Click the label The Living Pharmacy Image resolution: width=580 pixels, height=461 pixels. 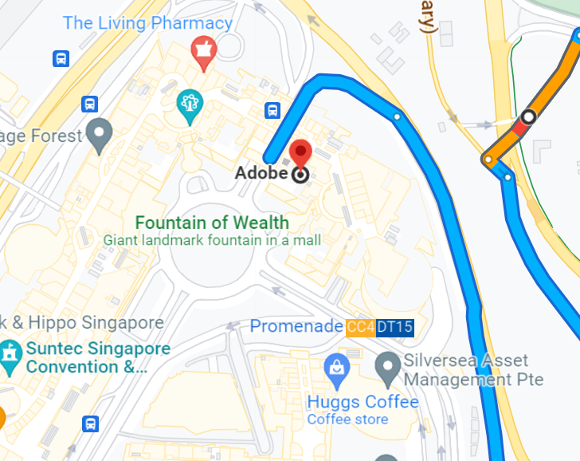coord(147,22)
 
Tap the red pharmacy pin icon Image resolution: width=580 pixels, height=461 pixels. coord(203,52)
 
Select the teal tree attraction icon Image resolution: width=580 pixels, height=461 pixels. coord(190,104)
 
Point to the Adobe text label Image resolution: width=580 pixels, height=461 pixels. coord(262,173)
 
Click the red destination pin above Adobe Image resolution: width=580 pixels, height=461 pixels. coord(300,153)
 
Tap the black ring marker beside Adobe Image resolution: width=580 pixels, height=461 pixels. coord(300,175)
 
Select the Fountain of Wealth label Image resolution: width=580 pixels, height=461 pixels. coord(212,223)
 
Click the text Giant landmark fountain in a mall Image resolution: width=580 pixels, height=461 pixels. coord(212,239)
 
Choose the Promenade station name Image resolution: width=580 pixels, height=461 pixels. coord(297,326)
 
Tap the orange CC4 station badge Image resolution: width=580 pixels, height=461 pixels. coord(360,327)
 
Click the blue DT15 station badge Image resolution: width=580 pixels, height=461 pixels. coord(394,327)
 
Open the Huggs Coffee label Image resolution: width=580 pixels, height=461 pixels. coord(362,401)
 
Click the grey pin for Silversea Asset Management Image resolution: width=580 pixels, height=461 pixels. coord(388,368)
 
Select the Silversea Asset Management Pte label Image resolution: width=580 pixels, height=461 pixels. coord(473,370)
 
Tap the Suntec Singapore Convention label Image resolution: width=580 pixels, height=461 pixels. coord(98,358)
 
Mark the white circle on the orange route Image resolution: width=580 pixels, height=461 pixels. coord(527,117)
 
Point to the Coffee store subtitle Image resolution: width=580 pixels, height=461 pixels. coord(347,420)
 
